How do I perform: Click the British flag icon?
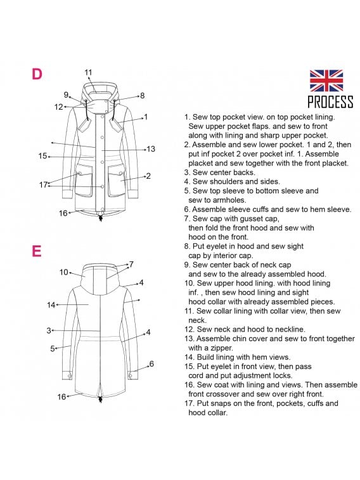point(326,81)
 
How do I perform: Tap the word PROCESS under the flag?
point(330,101)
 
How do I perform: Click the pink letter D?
point(37,74)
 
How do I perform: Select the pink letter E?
point(36,251)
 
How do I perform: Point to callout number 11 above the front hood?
point(88,72)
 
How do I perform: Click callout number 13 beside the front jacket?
point(151,149)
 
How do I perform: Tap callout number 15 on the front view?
point(42,156)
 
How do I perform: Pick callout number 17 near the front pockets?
point(44,185)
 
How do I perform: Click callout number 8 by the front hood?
point(142,96)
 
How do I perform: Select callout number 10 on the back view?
point(63,272)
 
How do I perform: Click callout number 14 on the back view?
point(51,305)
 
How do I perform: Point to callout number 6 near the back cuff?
point(151,364)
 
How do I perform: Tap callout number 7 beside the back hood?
point(131,264)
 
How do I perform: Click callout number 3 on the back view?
point(49,330)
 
